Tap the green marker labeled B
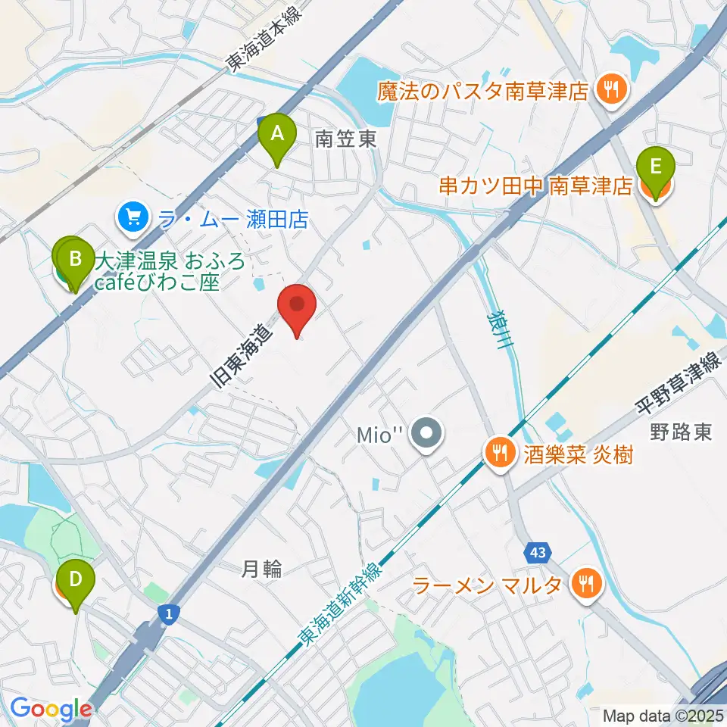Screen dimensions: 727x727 point(75,259)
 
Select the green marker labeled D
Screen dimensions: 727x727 point(76,580)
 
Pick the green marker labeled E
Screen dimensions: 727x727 point(656,166)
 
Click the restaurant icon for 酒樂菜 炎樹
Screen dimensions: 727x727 point(498,455)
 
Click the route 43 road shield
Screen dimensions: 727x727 point(538,553)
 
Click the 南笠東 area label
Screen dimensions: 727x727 point(345,139)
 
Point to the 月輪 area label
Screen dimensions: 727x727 point(262,569)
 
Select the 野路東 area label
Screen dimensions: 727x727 point(680,432)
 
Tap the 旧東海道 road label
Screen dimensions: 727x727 point(241,357)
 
